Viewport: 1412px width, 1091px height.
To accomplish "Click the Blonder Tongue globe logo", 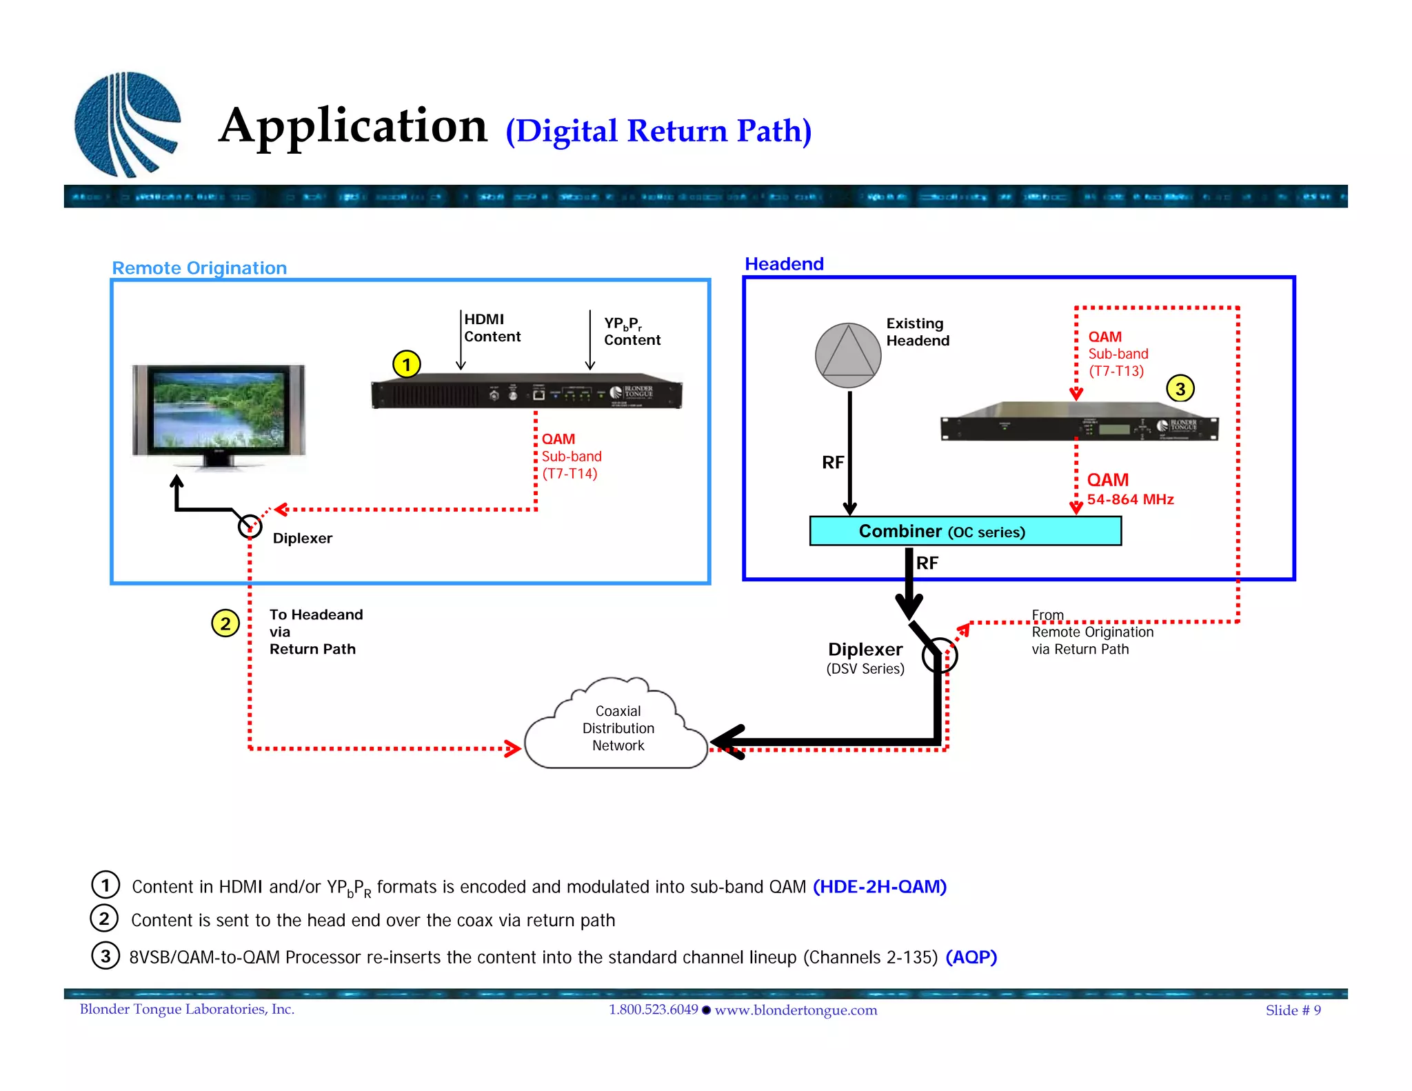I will [x=127, y=124].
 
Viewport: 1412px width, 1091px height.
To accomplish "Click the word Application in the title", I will [x=353, y=126].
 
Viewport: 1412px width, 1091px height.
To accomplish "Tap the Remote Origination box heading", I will [x=199, y=268].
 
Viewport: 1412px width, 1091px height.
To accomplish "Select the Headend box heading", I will [x=784, y=264].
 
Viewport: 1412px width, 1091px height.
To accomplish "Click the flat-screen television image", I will [x=219, y=414].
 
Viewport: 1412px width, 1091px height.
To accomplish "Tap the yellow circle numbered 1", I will [x=407, y=364].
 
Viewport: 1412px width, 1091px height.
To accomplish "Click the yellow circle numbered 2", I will [x=225, y=623].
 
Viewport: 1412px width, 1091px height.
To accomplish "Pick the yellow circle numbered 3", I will [x=1180, y=389].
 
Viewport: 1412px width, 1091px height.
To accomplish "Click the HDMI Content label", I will [x=492, y=328].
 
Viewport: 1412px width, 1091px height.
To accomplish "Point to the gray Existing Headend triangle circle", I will [x=848, y=356].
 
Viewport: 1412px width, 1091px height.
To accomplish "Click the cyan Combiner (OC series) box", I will [x=965, y=531].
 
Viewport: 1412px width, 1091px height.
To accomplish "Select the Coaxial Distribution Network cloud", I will [x=618, y=728].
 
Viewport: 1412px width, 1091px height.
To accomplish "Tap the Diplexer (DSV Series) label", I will [x=865, y=658].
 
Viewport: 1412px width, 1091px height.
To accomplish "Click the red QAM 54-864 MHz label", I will [x=1129, y=489].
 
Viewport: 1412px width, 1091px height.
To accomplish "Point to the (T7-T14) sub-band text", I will [x=569, y=474].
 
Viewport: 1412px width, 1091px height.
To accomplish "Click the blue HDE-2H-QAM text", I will [x=880, y=886].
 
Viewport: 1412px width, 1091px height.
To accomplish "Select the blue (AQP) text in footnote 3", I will [x=971, y=957].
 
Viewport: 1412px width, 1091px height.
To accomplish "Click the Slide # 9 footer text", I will [x=1293, y=1010].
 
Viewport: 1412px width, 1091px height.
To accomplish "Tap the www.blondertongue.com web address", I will [x=796, y=1010].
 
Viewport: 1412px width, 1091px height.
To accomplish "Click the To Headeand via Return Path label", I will [x=315, y=632].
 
